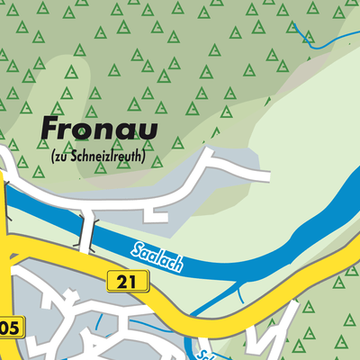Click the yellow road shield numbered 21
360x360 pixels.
coord(125,282)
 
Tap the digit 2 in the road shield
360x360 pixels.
coord(120,282)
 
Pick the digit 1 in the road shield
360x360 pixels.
coord(131,282)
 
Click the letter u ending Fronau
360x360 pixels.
coord(147,130)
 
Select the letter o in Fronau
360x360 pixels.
coord(88,130)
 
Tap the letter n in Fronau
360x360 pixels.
coord(107,130)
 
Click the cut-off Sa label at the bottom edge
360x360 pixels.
coord(206,354)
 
